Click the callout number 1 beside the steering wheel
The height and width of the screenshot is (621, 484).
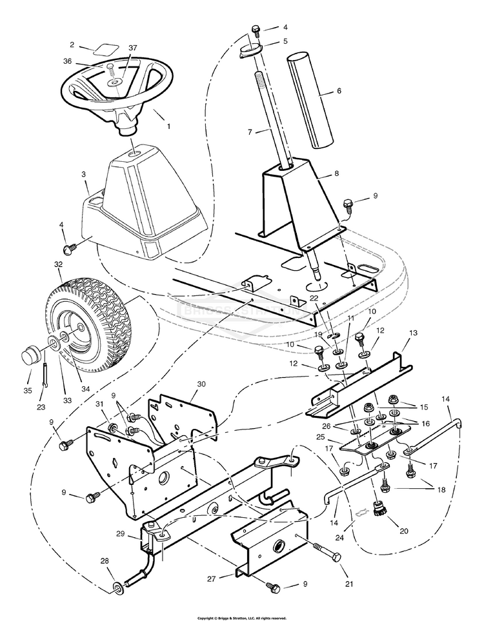[168, 126]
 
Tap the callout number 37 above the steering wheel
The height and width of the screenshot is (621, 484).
[132, 48]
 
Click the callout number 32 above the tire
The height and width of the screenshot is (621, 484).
[58, 264]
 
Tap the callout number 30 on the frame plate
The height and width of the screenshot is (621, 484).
[201, 383]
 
